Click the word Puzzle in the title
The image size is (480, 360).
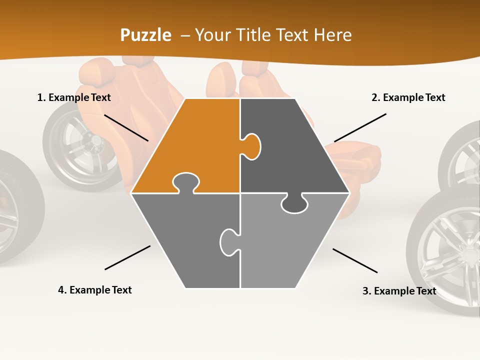click(145, 35)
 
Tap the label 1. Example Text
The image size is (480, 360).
click(74, 97)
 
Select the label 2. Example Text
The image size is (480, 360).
click(408, 97)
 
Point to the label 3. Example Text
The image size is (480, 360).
click(399, 291)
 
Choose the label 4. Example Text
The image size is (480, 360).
click(95, 290)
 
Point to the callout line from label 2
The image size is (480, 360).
click(360, 127)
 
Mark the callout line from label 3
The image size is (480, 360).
click(355, 260)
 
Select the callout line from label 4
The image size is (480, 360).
click(127, 257)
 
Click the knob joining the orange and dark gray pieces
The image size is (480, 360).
click(251, 146)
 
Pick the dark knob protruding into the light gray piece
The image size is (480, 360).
click(294, 203)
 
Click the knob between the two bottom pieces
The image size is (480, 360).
click(228, 242)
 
